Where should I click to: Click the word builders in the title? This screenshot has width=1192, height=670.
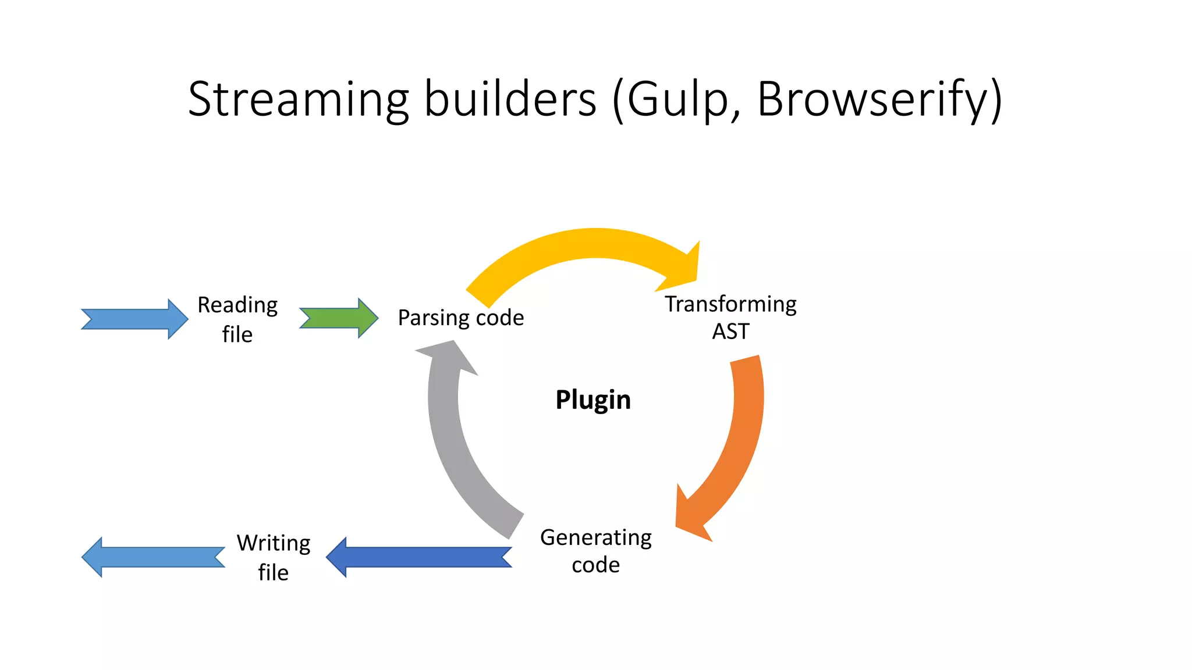(x=510, y=99)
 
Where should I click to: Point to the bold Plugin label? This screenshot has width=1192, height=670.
(x=593, y=400)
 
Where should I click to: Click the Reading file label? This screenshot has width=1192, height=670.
(x=237, y=319)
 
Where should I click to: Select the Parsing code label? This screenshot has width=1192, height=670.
(x=460, y=318)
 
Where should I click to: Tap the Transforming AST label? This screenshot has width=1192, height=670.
(x=730, y=317)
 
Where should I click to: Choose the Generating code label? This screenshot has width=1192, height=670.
(x=595, y=551)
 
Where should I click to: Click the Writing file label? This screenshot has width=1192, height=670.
(x=273, y=557)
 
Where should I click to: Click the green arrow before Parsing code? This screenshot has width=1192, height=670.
(x=338, y=318)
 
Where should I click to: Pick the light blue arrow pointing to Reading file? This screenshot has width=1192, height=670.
(x=134, y=319)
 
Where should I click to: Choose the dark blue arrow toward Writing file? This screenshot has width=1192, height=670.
(x=419, y=557)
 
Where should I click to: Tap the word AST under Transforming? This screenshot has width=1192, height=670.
(x=730, y=332)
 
